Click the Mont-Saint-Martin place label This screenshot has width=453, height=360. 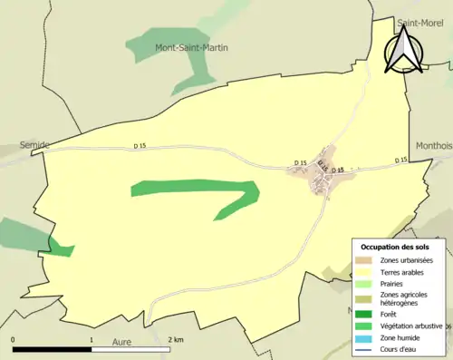point(191,47)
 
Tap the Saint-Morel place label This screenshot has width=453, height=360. point(423,24)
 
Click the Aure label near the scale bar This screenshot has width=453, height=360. point(121,344)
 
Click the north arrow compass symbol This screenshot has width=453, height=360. point(403,50)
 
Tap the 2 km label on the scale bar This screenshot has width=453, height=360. point(176,339)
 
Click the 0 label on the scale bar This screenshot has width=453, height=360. point(14,339)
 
